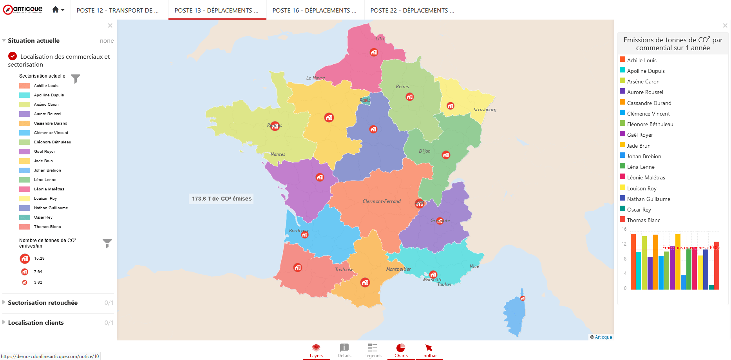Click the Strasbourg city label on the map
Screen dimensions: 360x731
[x=485, y=110]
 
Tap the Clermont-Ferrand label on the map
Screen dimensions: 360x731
[x=382, y=201]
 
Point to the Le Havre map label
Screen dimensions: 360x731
[x=315, y=78]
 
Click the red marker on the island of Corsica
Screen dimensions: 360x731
[x=523, y=298]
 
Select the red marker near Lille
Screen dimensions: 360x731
[x=374, y=52]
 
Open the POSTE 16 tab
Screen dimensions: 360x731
[x=314, y=11]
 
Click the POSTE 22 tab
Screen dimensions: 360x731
[x=412, y=11]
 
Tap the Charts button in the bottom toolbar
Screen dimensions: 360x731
[x=401, y=350]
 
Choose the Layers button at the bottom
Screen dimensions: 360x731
[x=316, y=350]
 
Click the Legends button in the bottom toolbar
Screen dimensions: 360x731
[x=373, y=350]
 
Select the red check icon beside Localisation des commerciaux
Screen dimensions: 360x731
[x=13, y=56]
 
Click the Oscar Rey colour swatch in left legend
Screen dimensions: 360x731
[x=25, y=217]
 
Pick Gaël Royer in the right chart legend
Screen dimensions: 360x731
[x=640, y=135]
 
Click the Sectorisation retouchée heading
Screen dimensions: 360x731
[x=43, y=303]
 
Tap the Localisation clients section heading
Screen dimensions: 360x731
[x=36, y=323]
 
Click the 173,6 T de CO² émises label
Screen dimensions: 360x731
[x=222, y=199]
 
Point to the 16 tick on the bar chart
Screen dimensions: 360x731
[x=624, y=229]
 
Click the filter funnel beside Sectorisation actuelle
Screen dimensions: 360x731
[x=76, y=78]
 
